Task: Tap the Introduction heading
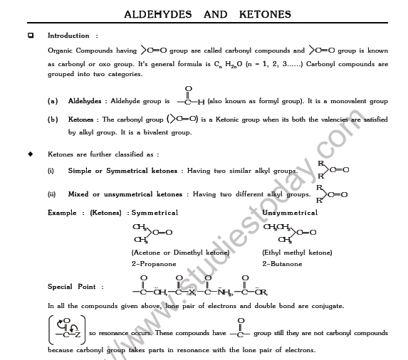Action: (68, 36)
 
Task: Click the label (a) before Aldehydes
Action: (53, 101)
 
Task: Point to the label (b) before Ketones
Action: (53, 120)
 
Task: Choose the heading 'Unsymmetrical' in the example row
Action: (290, 213)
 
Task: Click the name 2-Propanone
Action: (152, 264)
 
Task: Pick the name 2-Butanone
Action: (281, 264)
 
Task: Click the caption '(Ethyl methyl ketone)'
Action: (297, 253)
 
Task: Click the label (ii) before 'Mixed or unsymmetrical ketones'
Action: (51, 194)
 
